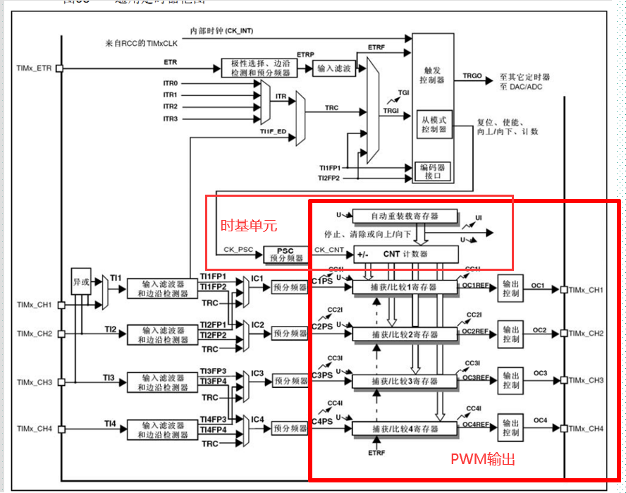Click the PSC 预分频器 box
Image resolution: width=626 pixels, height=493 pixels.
pyautogui.click(x=286, y=254)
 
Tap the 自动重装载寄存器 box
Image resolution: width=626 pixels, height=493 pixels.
pyautogui.click(x=405, y=217)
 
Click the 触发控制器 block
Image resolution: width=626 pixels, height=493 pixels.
pyautogui.click(x=433, y=75)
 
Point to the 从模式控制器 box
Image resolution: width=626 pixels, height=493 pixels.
pyautogui.click(x=434, y=125)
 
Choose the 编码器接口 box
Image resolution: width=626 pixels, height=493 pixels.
pyautogui.click(x=434, y=171)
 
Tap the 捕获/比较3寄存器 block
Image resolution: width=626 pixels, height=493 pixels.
pyautogui.click(x=405, y=382)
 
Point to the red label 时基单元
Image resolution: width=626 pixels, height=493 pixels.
pyautogui.click(x=249, y=226)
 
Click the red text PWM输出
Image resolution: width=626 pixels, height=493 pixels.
pyautogui.click(x=483, y=459)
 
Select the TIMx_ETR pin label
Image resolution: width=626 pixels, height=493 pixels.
pyautogui.click(x=35, y=68)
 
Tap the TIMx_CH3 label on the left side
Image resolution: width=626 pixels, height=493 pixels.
pyautogui.click(x=35, y=382)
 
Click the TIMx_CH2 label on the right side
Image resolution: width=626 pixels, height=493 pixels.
pyautogui.click(x=586, y=333)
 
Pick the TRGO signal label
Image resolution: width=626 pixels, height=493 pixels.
pyautogui.click(x=472, y=75)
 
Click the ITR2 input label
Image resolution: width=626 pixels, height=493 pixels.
pyautogui.click(x=171, y=106)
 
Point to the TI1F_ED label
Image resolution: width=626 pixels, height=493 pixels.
pyautogui.click(x=273, y=132)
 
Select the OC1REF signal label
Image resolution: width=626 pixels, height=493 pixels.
pyautogui.click(x=476, y=286)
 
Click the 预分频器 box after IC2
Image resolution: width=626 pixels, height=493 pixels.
pyautogui.click(x=290, y=334)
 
